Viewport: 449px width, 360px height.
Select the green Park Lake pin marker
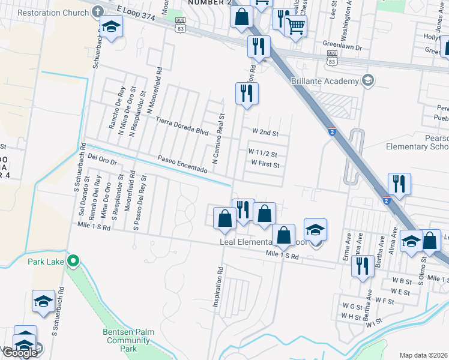click(x=73, y=261)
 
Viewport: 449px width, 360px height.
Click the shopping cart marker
click(x=295, y=25)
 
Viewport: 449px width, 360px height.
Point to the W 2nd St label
click(x=266, y=131)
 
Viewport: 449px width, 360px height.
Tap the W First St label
click(x=266, y=163)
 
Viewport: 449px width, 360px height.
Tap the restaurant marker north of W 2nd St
click(x=247, y=93)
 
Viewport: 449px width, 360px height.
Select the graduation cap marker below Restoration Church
click(x=111, y=26)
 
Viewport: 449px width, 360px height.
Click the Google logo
click(x=20, y=353)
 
